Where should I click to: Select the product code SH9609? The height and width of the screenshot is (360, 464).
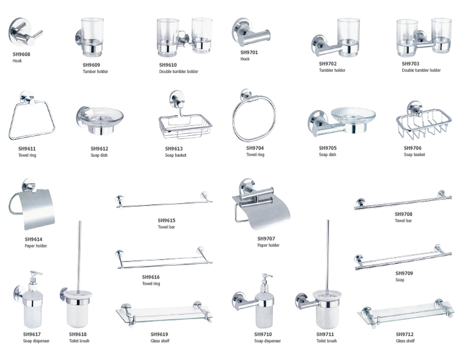point(91,64)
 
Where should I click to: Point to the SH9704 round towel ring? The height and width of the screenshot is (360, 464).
point(253,117)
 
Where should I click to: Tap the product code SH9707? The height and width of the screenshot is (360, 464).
point(266,238)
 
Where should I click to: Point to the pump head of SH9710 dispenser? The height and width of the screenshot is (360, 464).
point(266,279)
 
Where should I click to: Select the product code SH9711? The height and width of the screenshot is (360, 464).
point(324,334)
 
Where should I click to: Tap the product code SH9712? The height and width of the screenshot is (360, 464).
point(405,334)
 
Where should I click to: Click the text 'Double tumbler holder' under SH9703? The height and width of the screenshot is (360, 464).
point(421,70)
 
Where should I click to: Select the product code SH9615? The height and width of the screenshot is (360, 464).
point(167,220)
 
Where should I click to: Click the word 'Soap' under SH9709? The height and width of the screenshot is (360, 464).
point(400,280)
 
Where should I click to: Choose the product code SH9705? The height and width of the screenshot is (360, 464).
point(327,148)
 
